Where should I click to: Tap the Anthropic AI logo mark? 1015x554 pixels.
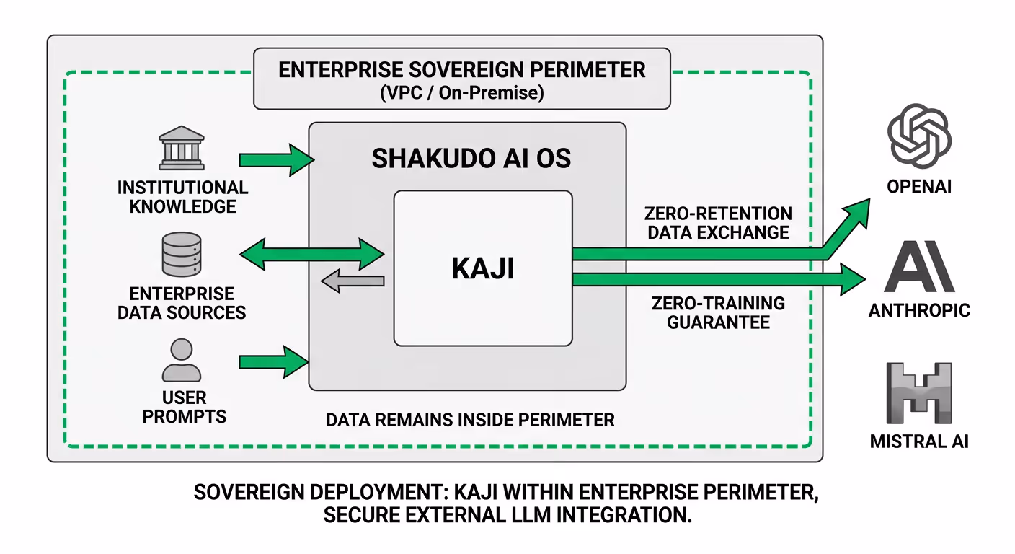coord(918,267)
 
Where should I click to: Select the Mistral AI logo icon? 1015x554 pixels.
coord(918,393)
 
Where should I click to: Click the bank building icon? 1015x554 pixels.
coord(182,149)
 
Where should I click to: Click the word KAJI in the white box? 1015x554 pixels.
coord(482,268)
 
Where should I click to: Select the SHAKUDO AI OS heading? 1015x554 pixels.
coord(471,159)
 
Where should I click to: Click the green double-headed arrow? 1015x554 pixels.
coord(311,254)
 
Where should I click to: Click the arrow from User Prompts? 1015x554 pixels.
coord(273,361)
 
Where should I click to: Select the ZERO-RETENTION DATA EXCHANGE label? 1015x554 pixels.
coord(718,223)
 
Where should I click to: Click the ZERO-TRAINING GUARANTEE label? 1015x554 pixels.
coord(718,312)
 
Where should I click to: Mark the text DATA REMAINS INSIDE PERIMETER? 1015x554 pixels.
coord(470,420)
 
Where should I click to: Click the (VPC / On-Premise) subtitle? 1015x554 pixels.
coord(462,93)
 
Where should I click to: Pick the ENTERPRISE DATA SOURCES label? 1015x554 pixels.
coord(182,304)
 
